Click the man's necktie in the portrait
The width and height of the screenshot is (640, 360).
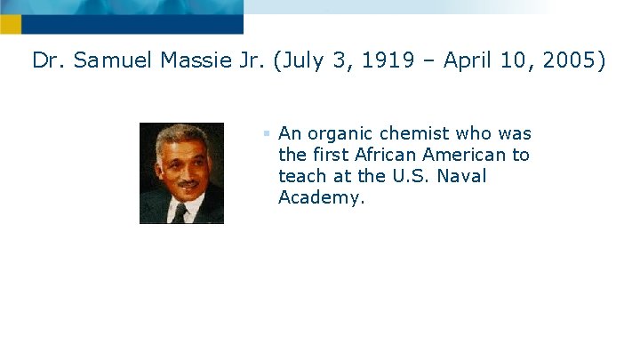(180, 213)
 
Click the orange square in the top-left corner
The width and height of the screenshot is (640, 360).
(10, 24)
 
